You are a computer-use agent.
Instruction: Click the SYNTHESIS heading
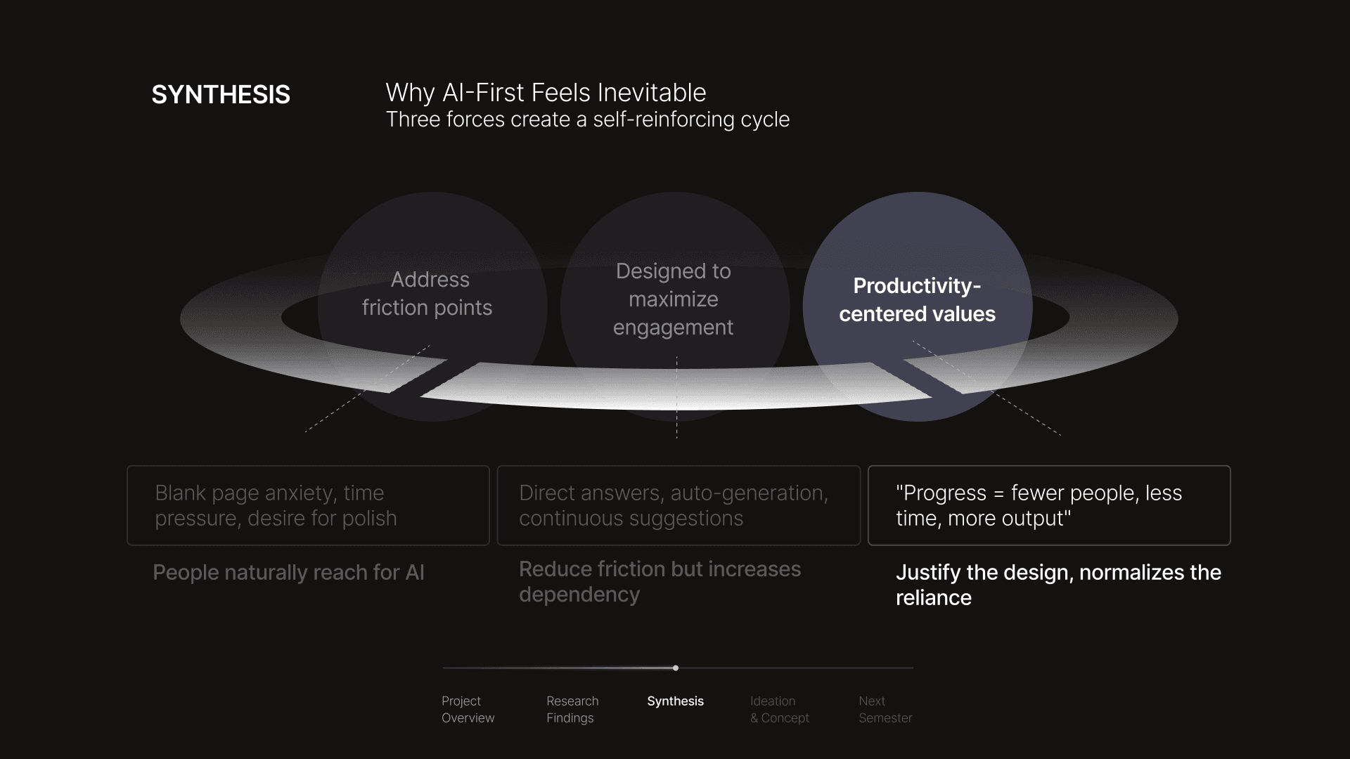click(221, 95)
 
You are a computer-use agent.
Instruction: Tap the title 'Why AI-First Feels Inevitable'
click(546, 93)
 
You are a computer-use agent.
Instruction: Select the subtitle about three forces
click(587, 119)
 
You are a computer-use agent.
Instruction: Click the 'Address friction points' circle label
click(427, 294)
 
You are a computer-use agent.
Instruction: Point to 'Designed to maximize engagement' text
click(674, 299)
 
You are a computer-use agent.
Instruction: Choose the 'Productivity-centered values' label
click(917, 300)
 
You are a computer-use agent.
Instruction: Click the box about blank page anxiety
click(308, 505)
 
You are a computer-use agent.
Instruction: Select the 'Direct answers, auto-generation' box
click(679, 505)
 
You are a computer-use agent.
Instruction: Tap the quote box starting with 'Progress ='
click(1049, 505)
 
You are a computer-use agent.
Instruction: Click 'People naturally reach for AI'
click(288, 573)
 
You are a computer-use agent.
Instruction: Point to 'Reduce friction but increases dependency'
click(660, 582)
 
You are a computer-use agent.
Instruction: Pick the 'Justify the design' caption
click(1057, 585)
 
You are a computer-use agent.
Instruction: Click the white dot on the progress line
click(676, 668)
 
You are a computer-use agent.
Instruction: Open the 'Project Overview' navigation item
click(468, 710)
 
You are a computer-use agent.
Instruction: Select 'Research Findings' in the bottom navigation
click(572, 710)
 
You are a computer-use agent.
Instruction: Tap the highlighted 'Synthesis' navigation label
click(675, 701)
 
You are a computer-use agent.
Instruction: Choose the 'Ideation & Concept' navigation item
click(779, 710)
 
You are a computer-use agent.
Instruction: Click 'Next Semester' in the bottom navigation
click(885, 710)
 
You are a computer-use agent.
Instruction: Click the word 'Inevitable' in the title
click(653, 93)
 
